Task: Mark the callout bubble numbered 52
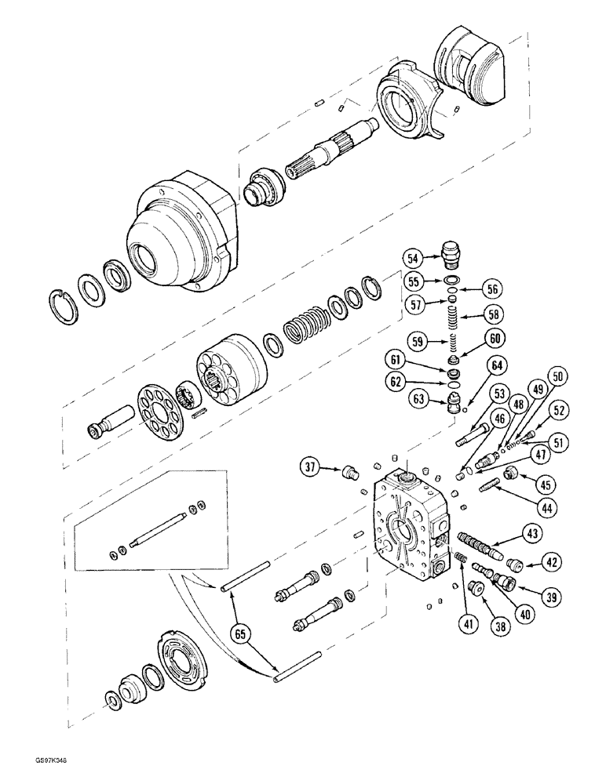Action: coord(538,409)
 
